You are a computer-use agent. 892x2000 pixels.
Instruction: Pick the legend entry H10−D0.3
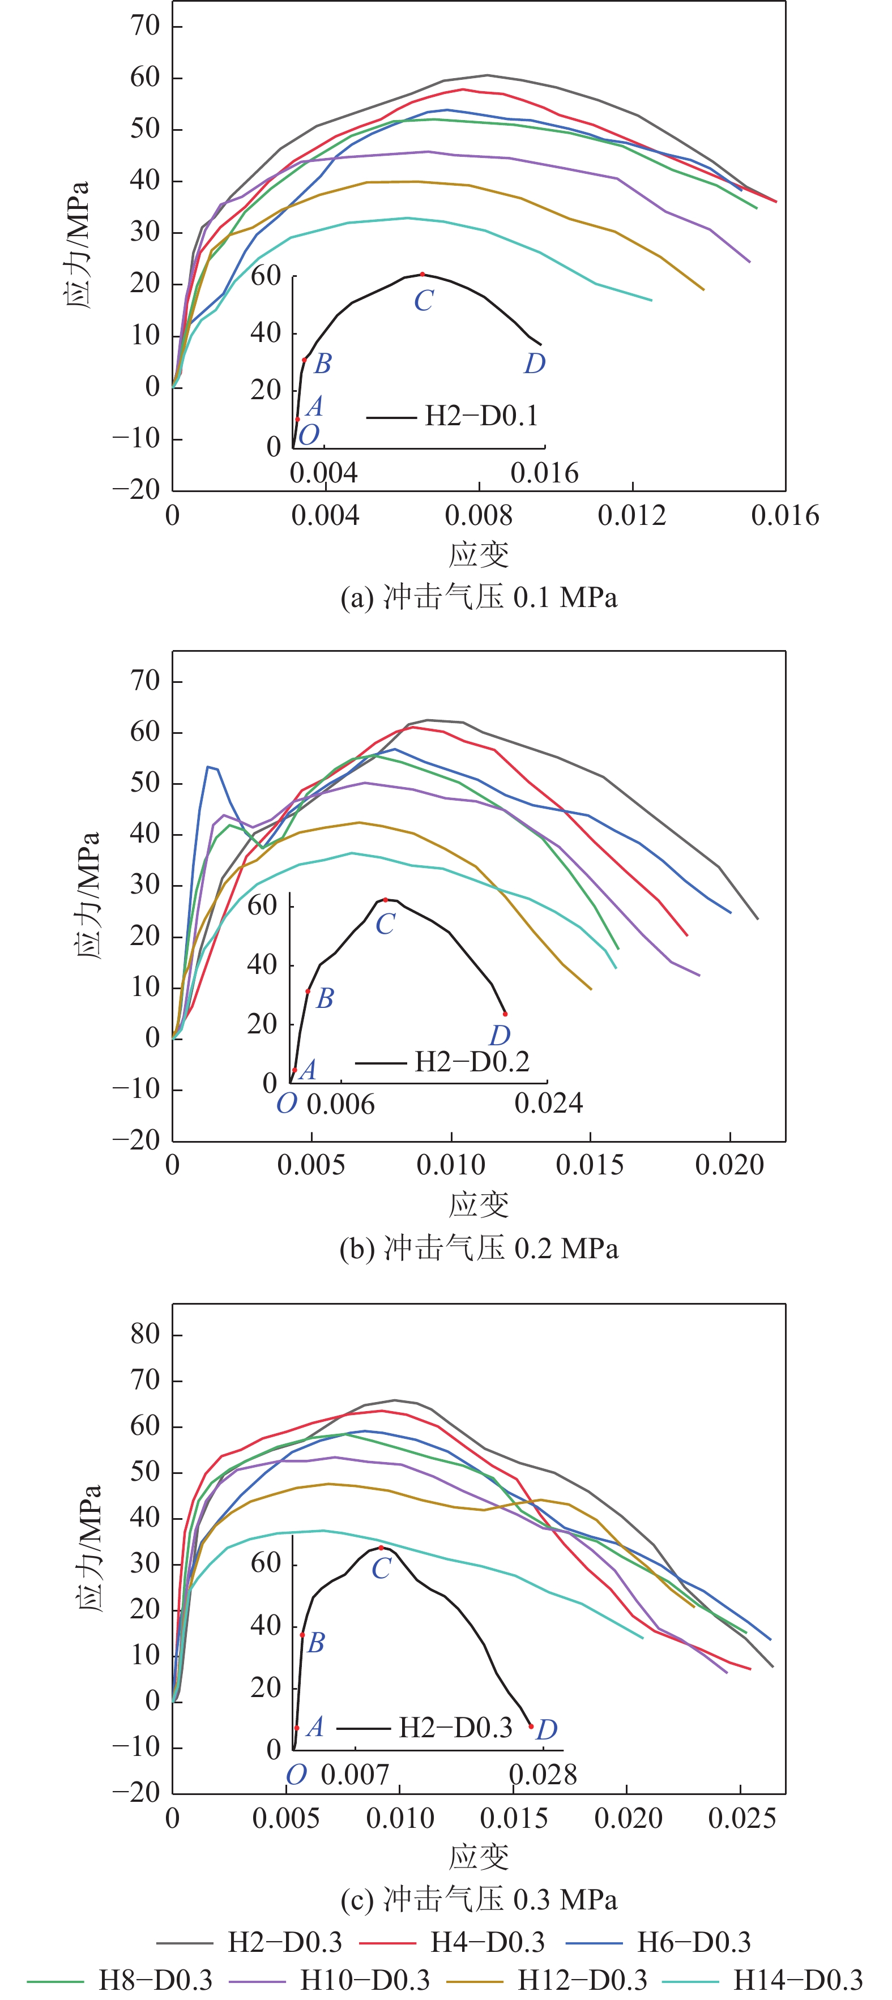(x=365, y=1980)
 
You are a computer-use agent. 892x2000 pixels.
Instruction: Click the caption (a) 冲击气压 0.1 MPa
(x=479, y=598)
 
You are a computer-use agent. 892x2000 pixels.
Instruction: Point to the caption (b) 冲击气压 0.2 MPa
(x=479, y=1249)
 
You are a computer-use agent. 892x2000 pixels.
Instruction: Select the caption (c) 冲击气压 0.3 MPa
(x=479, y=1900)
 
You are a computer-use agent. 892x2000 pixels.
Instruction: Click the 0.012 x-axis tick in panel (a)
(x=632, y=515)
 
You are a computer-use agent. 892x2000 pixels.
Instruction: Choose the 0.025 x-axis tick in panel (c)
(x=741, y=1818)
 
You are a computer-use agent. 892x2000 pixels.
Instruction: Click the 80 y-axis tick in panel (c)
(x=145, y=1335)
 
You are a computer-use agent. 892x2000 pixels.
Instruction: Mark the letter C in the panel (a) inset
(x=423, y=301)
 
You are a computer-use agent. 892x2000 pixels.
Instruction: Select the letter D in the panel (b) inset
(x=499, y=1035)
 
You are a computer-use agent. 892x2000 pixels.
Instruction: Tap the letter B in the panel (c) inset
(x=316, y=1642)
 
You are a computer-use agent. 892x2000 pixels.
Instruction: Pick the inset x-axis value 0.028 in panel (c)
(x=543, y=1775)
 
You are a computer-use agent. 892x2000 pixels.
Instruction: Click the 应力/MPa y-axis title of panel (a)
(x=77, y=245)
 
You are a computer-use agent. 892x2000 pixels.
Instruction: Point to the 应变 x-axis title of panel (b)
(x=479, y=1204)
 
